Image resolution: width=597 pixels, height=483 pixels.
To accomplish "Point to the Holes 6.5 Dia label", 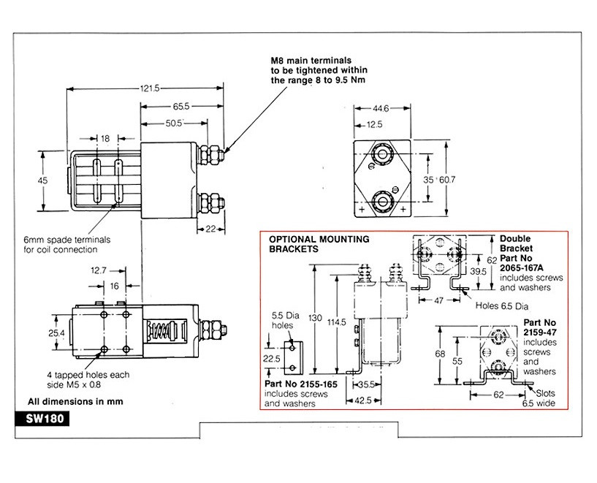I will point(502,305).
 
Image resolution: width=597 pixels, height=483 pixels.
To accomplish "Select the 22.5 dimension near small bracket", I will point(270,359).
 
